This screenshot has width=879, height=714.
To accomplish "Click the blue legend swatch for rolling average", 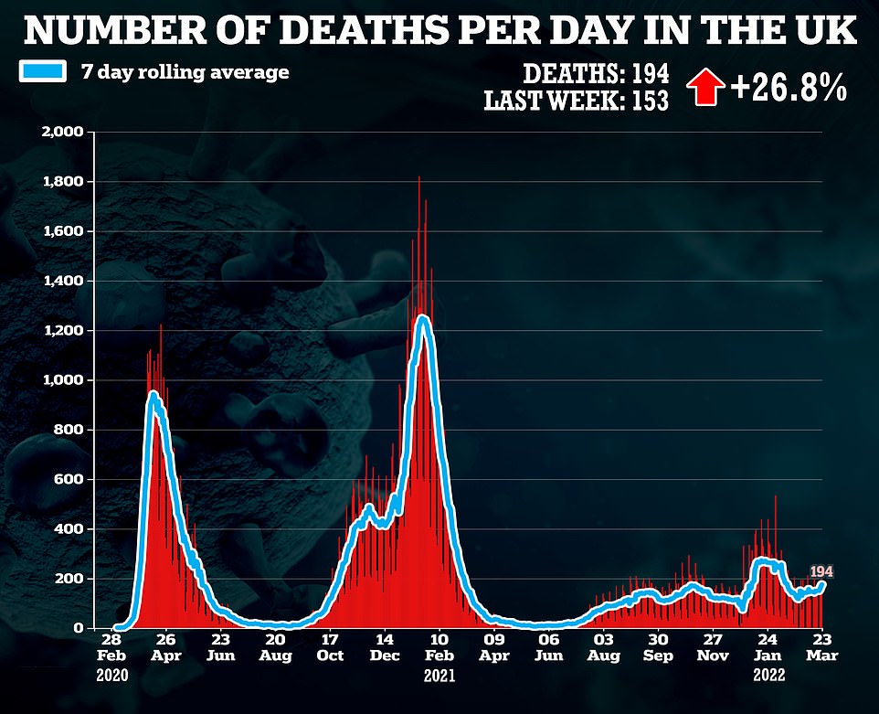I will click(43, 72).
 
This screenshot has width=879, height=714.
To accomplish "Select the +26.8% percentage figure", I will click(789, 89).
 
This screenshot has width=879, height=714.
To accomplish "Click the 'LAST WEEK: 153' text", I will click(577, 101).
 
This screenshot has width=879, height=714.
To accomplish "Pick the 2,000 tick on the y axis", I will click(62, 133).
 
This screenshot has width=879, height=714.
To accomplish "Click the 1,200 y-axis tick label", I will click(62, 331).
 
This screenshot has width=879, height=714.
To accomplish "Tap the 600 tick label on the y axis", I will click(71, 480).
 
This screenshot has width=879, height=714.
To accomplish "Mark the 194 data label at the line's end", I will click(821, 572).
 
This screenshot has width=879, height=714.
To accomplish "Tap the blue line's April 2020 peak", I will click(153, 395).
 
